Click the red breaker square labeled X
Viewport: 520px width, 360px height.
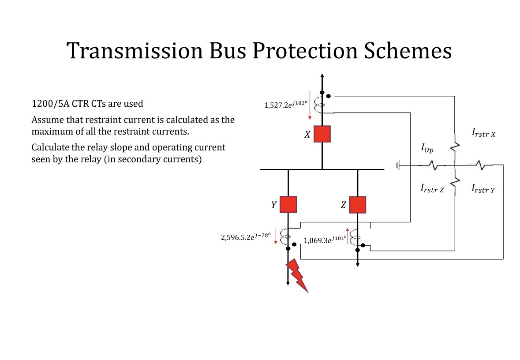pos(322,134)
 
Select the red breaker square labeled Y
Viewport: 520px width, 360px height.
pos(288,204)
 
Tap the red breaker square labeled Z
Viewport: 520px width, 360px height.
pos(357,204)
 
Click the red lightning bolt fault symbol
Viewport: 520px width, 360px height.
pos(297,275)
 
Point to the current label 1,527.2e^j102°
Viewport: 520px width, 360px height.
pos(285,105)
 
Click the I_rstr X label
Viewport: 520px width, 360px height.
pos(483,132)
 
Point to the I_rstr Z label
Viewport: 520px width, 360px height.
pos(432,189)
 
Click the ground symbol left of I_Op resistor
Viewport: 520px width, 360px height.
pos(398,166)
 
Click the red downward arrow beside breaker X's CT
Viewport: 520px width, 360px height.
pos(310,105)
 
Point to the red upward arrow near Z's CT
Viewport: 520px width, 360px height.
pos(347,236)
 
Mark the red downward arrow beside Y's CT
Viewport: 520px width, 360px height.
pos(276,236)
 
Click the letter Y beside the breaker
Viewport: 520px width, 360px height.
pos(273,205)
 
